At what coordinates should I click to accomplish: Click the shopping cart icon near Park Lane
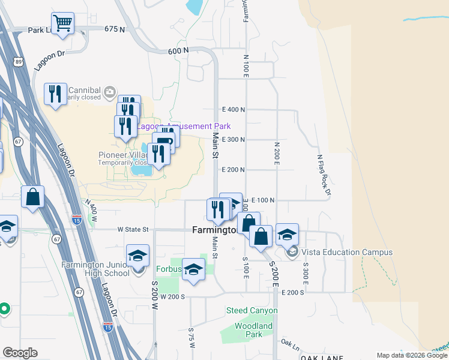pyautogui.click(x=62, y=24)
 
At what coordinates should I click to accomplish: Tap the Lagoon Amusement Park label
pyautogui.click(x=184, y=127)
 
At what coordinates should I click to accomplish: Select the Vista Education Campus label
pyautogui.click(x=347, y=253)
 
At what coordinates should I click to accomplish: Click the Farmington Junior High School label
pyautogui.click(x=96, y=269)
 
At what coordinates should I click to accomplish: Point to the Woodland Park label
pyautogui.click(x=253, y=330)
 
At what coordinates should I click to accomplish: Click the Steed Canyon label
pyautogui.click(x=252, y=311)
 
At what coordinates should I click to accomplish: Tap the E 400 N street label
pyautogui.click(x=234, y=110)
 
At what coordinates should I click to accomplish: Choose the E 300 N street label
pyautogui.click(x=234, y=139)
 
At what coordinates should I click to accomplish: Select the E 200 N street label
pyautogui.click(x=234, y=170)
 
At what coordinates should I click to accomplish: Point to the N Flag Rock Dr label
pyautogui.click(x=324, y=175)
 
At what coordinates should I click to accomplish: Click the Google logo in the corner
pyautogui.click(x=20, y=353)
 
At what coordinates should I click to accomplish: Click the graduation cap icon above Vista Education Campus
pyautogui.click(x=287, y=234)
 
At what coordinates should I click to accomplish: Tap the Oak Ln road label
pyautogui.click(x=290, y=346)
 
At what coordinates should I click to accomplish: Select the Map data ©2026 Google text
pyautogui.click(x=411, y=355)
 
